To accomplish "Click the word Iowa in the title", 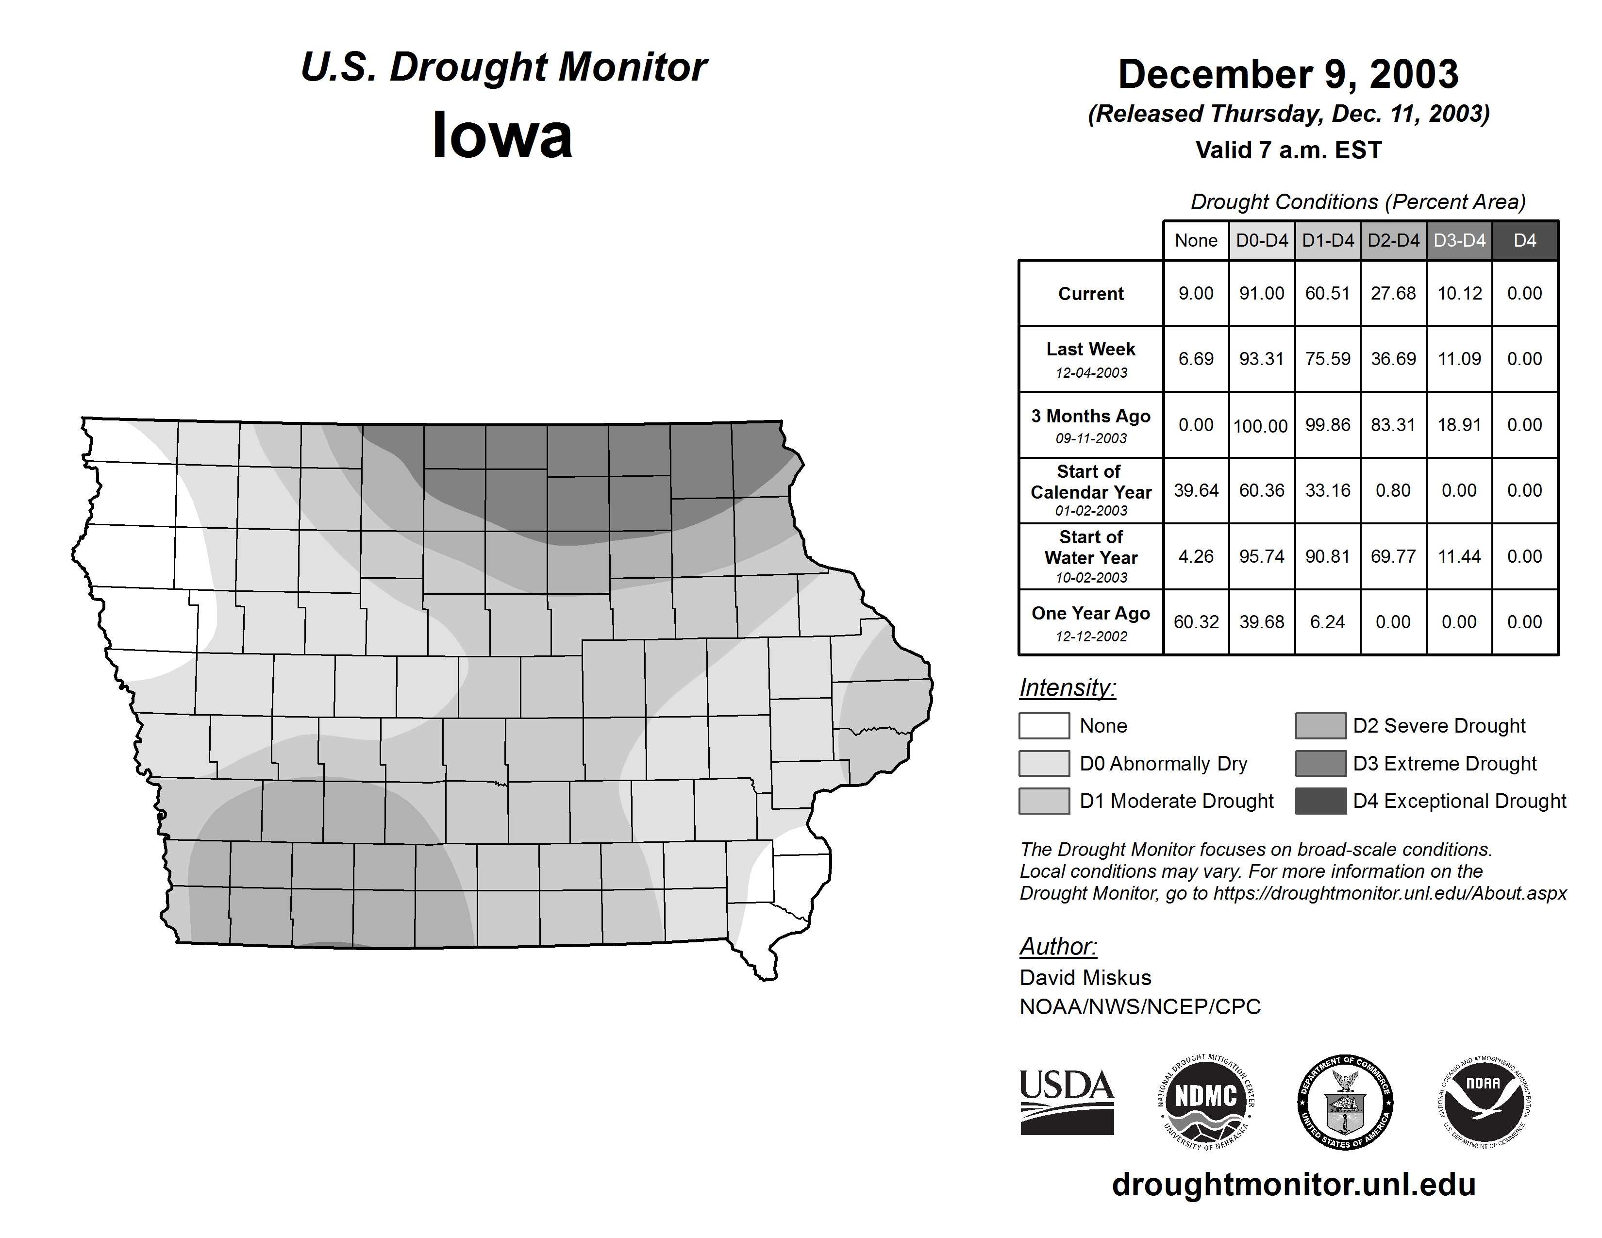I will click(x=502, y=135).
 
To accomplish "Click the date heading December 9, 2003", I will click(x=1288, y=74).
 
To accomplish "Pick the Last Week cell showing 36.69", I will click(x=1393, y=359).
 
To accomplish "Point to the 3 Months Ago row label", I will click(x=1091, y=425).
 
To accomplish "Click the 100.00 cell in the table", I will click(x=1261, y=425).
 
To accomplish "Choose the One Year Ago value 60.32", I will click(x=1196, y=622).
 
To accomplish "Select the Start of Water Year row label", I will click(x=1091, y=557).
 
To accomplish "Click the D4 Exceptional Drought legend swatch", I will click(x=1320, y=801).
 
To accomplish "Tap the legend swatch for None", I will click(x=1044, y=725).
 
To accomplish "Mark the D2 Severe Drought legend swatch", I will click(x=1320, y=725).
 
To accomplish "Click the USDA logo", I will click(x=1067, y=1102).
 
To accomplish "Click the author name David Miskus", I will click(x=1085, y=978).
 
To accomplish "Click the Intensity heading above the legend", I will click(x=1067, y=688).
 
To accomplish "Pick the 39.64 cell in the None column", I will click(x=1196, y=491).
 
